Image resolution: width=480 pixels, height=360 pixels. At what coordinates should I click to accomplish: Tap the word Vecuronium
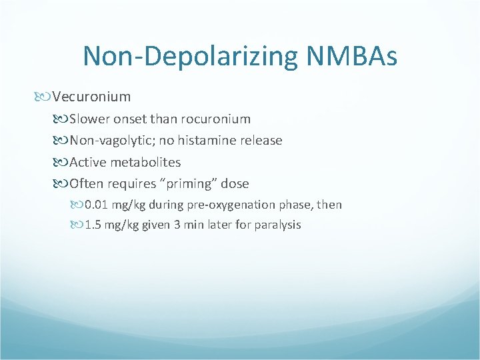[x=91, y=97]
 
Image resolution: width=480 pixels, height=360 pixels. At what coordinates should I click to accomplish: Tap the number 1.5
[x=94, y=225]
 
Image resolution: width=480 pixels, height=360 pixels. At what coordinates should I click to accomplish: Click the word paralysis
[x=277, y=225]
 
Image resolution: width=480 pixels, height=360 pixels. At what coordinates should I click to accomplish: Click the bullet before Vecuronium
[x=45, y=97]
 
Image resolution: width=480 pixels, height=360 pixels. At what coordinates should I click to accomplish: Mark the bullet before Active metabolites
[x=62, y=163]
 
